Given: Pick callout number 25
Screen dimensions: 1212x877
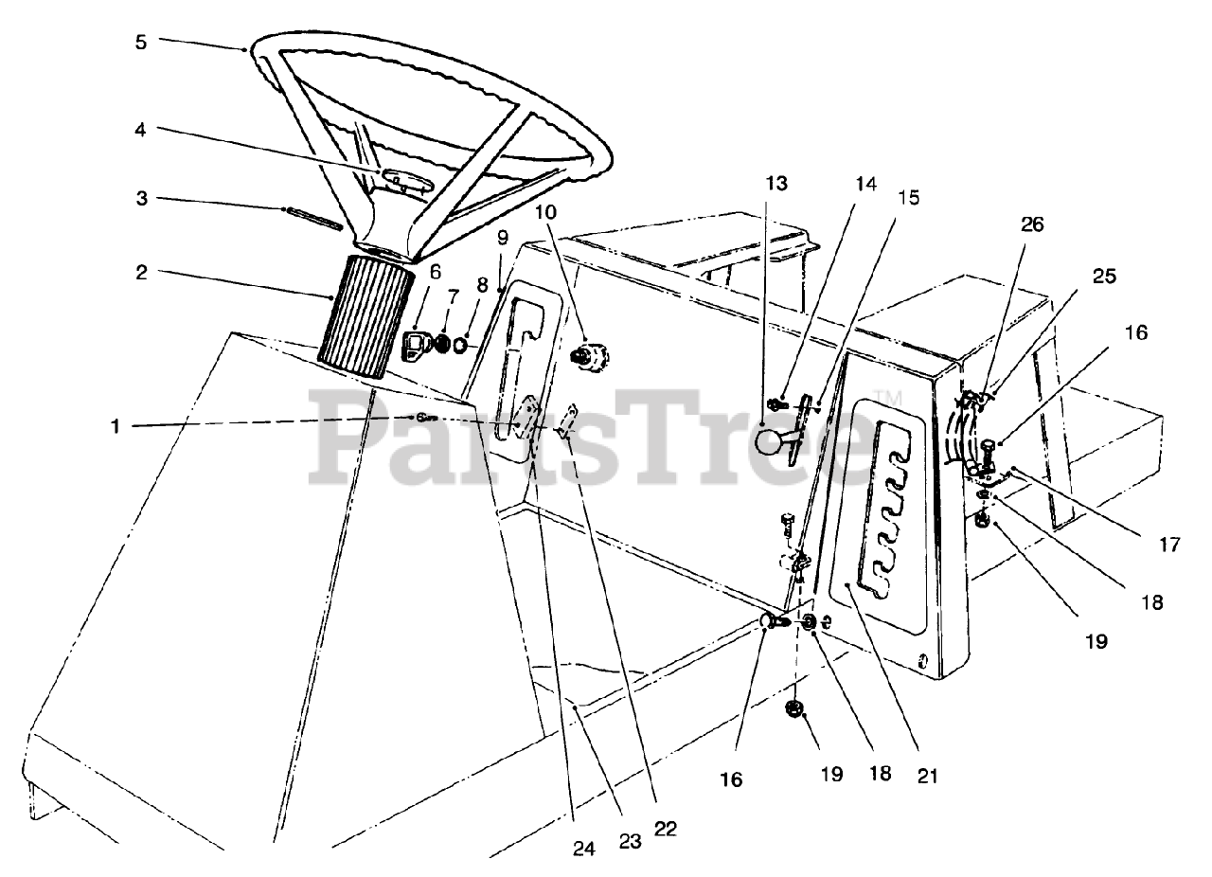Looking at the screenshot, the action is click(1104, 277).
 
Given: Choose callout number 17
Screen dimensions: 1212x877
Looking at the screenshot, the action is click(1170, 545).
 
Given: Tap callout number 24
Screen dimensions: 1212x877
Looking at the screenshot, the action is click(585, 850).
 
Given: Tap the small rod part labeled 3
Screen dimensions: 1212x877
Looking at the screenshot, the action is click(312, 217).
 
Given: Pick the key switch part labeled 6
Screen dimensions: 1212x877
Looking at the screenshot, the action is click(417, 347).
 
